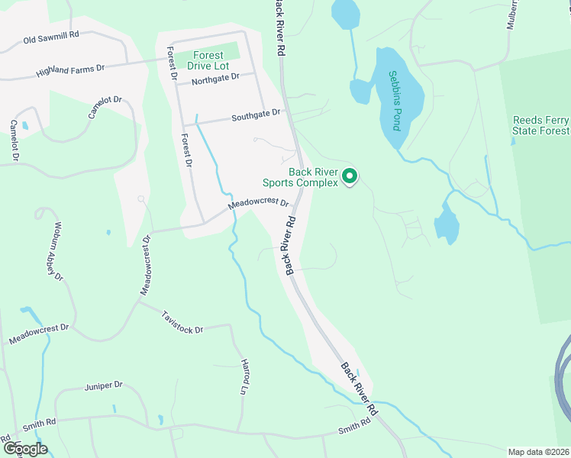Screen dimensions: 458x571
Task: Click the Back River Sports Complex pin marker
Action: tap(350, 176)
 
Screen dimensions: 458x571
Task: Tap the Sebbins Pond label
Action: tap(395, 100)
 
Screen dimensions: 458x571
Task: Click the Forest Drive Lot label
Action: tap(208, 61)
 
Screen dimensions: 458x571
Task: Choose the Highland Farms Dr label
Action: tap(70, 70)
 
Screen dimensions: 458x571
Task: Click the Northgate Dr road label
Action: tap(216, 79)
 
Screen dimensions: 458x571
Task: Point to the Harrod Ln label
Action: tap(245, 376)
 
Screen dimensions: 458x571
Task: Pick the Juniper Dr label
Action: tap(104, 386)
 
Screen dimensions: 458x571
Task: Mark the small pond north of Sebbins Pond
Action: tap(346, 14)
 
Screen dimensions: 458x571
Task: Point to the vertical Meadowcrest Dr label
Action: tap(147, 265)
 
